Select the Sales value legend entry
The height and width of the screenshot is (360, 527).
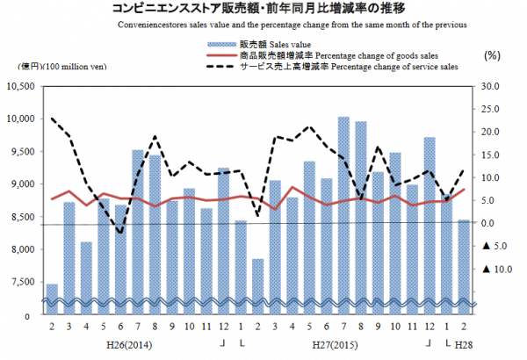click(263, 42)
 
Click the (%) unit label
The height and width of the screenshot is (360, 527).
click(491, 54)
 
